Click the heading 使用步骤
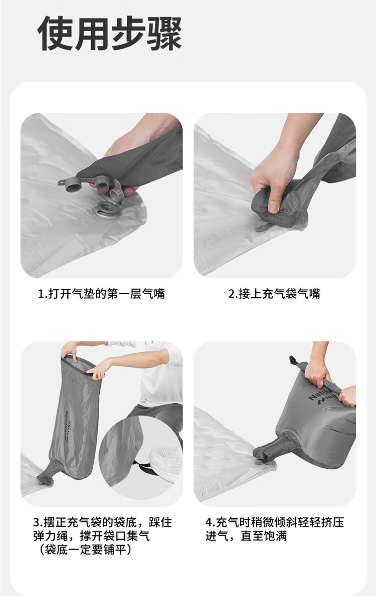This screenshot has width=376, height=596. [x=110, y=34]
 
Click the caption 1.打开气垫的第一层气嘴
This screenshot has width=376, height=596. [x=101, y=294]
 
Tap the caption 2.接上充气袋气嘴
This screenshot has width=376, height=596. [x=274, y=294]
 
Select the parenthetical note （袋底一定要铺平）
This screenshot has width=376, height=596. [x=86, y=549]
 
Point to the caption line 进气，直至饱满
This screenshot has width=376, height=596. [x=246, y=536]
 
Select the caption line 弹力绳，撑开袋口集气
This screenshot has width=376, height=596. [x=92, y=536]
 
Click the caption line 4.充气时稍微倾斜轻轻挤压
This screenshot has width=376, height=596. [x=275, y=522]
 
